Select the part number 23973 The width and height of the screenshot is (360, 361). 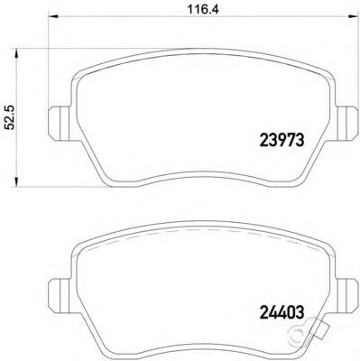pyautogui.click(x=282, y=140)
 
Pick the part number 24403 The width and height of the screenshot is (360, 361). pyautogui.click(x=282, y=312)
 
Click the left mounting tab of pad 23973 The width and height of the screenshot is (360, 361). pyautogui.click(x=60, y=124)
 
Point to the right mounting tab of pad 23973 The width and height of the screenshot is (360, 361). pyautogui.click(x=346, y=124)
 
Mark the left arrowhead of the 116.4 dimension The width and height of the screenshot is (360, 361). pyautogui.click(x=52, y=16)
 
